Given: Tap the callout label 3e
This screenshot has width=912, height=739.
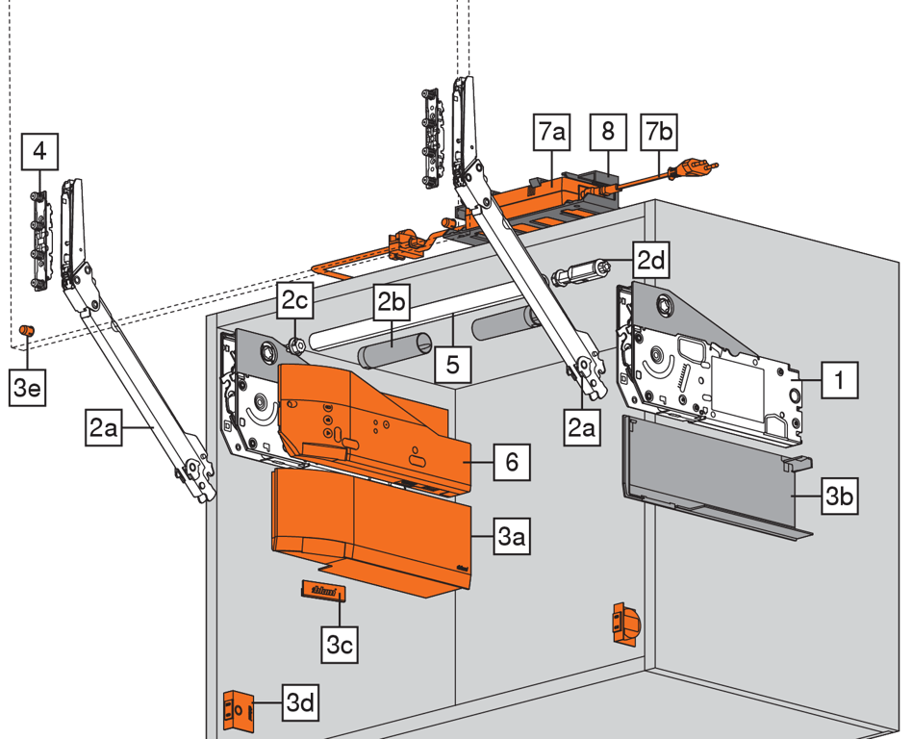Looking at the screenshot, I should click(25, 387).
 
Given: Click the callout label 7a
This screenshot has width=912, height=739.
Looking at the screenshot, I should click(554, 132).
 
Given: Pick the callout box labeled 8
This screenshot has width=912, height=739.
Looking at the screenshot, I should click(607, 132).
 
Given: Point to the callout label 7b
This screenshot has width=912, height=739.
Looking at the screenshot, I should click(659, 132).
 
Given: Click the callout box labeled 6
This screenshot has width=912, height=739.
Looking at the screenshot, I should click(511, 463).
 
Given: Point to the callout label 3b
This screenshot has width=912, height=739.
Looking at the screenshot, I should click(838, 497).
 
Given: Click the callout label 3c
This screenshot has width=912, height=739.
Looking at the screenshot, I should click(339, 644).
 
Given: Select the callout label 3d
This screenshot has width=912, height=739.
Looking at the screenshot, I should click(300, 703).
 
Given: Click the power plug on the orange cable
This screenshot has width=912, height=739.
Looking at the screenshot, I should click(697, 169).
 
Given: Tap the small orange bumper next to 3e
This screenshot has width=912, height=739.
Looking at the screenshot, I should click(27, 331).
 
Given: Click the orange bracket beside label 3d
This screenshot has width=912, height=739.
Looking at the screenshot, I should click(237, 710).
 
